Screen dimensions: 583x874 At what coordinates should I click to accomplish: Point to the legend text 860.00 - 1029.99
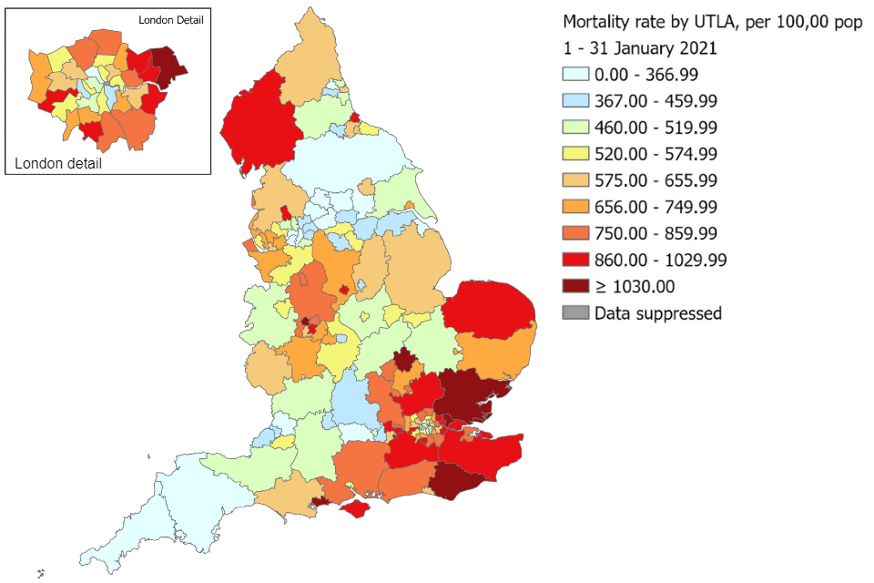click(x=660, y=261)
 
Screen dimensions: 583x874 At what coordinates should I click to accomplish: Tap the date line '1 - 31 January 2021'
click(x=640, y=48)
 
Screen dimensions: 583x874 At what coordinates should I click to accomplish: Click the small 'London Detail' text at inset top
click(x=170, y=19)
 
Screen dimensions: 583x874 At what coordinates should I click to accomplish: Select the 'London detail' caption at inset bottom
click(x=58, y=164)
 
